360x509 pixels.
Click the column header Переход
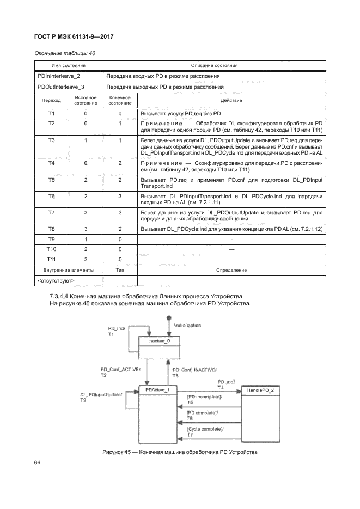click(51, 100)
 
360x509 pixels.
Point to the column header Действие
click(231, 100)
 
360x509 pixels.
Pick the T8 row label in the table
click(51, 230)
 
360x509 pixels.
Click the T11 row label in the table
click(51, 259)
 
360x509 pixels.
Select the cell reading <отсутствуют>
click(56, 281)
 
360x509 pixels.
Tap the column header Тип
click(120, 270)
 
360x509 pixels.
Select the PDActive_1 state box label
click(158, 390)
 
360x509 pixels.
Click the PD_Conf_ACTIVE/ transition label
click(120, 370)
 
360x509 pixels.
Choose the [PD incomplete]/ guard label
click(205, 398)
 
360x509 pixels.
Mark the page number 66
click(38, 462)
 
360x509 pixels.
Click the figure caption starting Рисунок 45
click(179, 452)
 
